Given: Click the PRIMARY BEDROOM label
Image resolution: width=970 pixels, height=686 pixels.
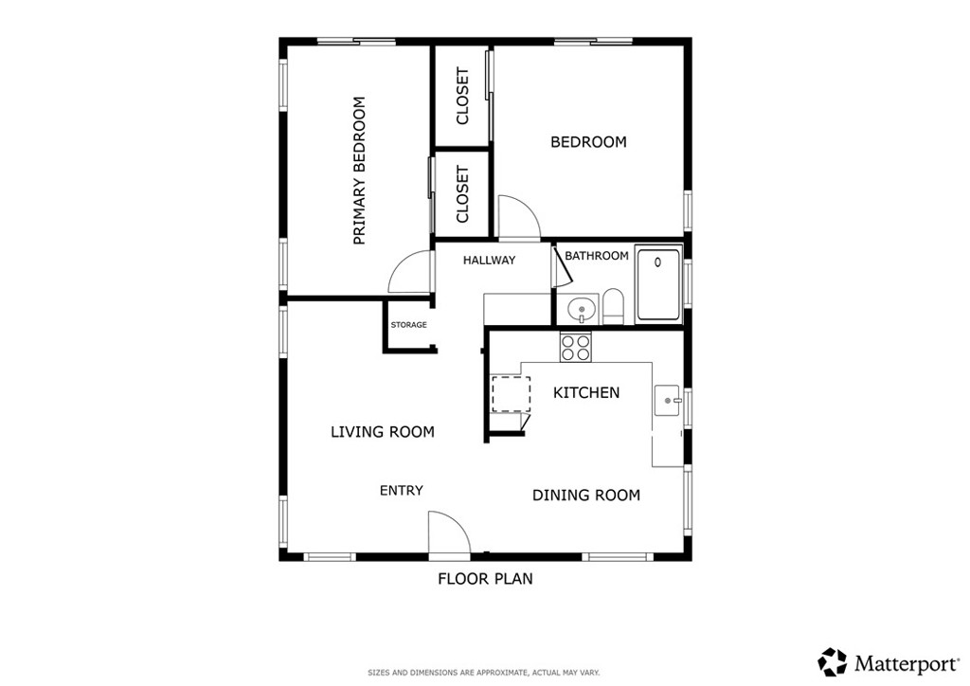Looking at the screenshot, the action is click(359, 171).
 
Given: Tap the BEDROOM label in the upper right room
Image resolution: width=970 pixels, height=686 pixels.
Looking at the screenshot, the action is click(588, 142).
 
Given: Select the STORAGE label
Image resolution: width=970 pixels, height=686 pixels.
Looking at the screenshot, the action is click(409, 325).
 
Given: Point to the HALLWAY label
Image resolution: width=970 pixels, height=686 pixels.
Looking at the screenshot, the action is click(490, 261).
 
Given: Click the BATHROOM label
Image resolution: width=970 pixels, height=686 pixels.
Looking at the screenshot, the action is click(597, 256).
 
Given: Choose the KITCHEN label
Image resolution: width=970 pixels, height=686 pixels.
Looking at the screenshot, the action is click(586, 393).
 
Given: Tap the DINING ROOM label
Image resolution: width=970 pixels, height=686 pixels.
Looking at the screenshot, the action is click(586, 495).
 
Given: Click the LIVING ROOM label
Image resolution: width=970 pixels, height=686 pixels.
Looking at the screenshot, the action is click(383, 432).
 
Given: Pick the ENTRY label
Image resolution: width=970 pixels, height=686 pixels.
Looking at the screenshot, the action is click(402, 491).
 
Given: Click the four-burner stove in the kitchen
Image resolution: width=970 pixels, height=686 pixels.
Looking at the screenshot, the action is click(575, 347).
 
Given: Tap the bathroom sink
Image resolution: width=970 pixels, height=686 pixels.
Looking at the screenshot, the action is click(581, 308).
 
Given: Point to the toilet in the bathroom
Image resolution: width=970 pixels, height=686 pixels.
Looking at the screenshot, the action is click(613, 306).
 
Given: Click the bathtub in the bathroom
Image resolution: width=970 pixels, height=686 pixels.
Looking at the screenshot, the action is click(658, 284).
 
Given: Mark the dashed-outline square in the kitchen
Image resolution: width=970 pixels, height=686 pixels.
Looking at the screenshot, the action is click(511, 393).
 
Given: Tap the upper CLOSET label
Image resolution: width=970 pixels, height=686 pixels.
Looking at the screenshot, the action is click(462, 96).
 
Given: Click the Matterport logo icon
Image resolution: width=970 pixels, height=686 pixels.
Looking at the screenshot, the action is click(832, 662).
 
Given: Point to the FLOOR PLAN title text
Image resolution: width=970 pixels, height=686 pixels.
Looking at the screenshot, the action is click(486, 579).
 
